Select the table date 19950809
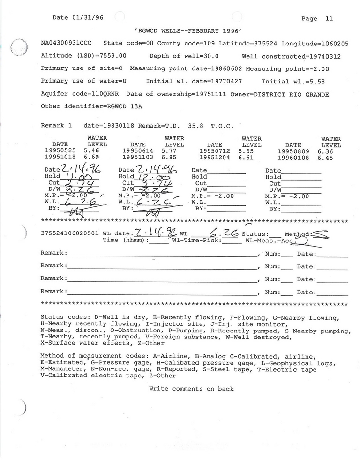(293, 151)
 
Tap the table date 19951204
(215, 158)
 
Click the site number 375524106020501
(70, 233)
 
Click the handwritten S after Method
(320, 233)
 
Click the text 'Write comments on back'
(191, 389)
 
